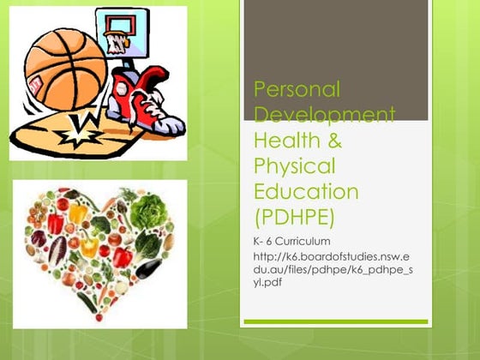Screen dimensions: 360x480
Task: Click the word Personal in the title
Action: [x=297, y=88]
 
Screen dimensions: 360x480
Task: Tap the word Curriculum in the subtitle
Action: [x=299, y=240]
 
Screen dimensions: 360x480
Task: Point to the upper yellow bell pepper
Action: [x=83, y=210]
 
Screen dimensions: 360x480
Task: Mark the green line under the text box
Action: [x=334, y=321]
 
